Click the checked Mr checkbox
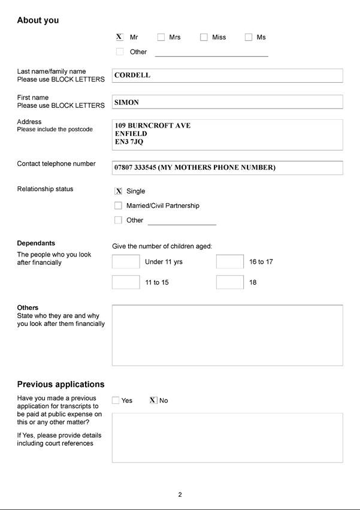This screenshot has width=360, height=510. tap(119, 37)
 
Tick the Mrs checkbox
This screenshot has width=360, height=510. tap(161, 37)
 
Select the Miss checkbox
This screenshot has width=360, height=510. tap(204, 37)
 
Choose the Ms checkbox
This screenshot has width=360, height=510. tap(249, 37)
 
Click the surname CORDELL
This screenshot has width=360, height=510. tap(132, 76)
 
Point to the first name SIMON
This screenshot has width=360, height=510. tap(126, 102)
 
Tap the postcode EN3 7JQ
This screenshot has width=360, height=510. tap(129, 143)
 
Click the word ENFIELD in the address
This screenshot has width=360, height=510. tap(131, 134)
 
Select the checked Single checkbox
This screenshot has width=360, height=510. tap(118, 191)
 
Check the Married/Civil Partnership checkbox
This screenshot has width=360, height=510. tap(118, 206)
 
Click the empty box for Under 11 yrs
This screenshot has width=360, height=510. tap(126, 262)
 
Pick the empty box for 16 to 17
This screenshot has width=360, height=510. tap(230, 262)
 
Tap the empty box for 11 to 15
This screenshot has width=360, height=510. tap(126, 282)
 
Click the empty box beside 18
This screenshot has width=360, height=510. tap(230, 282)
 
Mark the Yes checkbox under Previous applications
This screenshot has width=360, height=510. tap(116, 400)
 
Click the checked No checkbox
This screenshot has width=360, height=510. tap(153, 400)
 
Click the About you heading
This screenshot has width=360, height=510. tap(38, 20)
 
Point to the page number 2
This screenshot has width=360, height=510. tap(180, 494)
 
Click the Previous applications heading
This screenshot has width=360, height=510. tap(60, 384)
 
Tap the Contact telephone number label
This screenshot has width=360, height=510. tap(56, 164)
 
